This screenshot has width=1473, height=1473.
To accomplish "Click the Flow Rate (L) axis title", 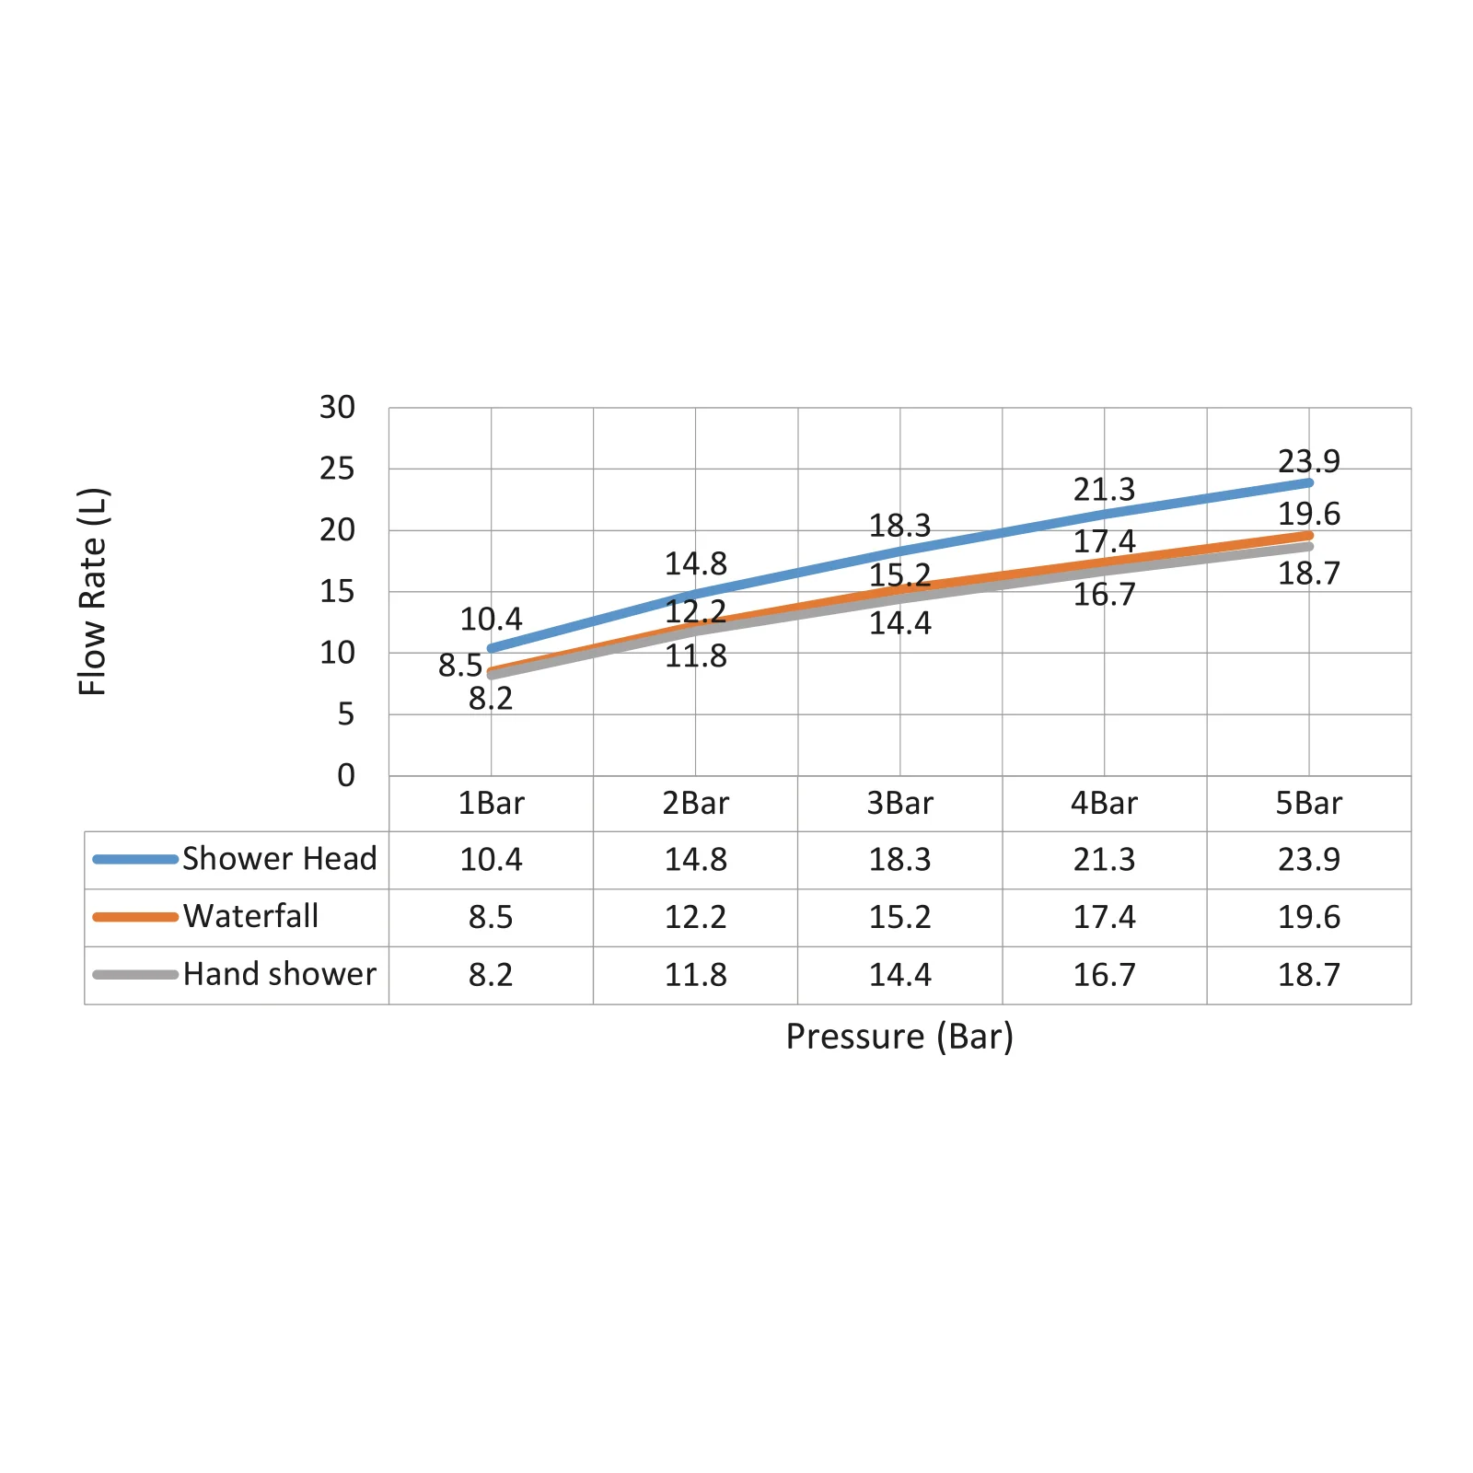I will click(x=93, y=591).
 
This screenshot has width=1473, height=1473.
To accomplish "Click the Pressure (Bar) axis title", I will click(x=899, y=1037).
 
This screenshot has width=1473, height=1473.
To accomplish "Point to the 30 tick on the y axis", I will click(x=337, y=407).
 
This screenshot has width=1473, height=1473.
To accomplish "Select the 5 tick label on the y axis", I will click(x=345, y=713).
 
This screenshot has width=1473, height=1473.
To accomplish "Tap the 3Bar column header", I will click(x=899, y=803).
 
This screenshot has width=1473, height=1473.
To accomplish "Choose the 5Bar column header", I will click(x=1308, y=803).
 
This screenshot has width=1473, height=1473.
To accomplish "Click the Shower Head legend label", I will click(x=280, y=859).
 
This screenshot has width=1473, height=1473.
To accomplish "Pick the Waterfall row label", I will click(x=251, y=916).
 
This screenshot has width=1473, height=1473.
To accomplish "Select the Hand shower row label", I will click(x=280, y=974).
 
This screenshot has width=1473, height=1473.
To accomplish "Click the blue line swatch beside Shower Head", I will click(x=135, y=859).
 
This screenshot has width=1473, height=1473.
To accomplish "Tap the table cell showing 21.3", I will click(x=1104, y=860).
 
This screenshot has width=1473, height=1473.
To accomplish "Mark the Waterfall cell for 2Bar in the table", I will click(x=695, y=917).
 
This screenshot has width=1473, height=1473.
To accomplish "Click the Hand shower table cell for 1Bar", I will click(x=491, y=975).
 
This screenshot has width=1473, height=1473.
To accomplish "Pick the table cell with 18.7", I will click(x=1308, y=975).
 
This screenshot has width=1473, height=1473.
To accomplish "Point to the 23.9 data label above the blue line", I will click(x=1308, y=460).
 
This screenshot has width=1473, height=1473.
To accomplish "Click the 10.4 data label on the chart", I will click(x=491, y=619).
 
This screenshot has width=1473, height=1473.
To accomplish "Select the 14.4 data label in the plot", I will click(x=899, y=623).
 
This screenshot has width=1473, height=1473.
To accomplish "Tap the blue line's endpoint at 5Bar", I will click(x=1308, y=482).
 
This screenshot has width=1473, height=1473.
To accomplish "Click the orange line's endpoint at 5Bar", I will click(x=1308, y=535).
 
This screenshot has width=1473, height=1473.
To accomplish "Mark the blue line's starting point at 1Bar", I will click(x=491, y=648).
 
